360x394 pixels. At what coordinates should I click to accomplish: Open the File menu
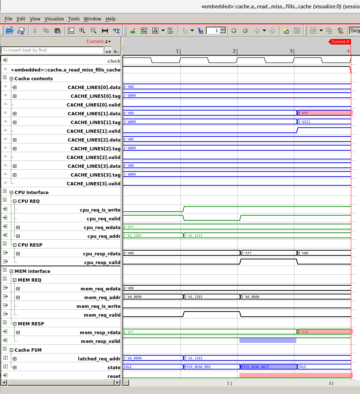[x=8, y=19]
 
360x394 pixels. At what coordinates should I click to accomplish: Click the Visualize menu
[x=54, y=19]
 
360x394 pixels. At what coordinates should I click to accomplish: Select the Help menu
[x=110, y=19]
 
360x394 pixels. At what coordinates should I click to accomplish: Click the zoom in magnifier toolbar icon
[x=82, y=31]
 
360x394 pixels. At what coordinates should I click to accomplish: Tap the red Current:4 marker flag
[x=340, y=42]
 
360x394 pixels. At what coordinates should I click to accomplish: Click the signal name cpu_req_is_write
[x=100, y=210]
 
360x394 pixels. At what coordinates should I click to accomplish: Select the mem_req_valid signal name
[x=102, y=315]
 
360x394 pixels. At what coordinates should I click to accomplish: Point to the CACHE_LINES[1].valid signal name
[x=93, y=131]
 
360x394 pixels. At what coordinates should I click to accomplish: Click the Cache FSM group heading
[x=28, y=350]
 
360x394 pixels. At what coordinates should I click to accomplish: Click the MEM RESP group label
[x=31, y=324]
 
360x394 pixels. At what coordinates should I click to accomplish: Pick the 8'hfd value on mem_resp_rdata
[x=303, y=332]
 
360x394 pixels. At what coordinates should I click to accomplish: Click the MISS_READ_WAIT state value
[x=255, y=367]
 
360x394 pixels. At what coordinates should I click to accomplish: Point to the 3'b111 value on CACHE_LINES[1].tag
[x=304, y=122]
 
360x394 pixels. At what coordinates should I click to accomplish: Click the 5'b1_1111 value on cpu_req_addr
[x=193, y=236]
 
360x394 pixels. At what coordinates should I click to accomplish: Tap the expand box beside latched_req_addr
[x=15, y=359]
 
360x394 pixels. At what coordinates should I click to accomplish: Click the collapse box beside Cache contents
[x=11, y=79]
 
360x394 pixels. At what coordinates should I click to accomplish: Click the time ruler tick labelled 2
[x=234, y=51]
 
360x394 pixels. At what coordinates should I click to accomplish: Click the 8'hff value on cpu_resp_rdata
[x=246, y=253]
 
